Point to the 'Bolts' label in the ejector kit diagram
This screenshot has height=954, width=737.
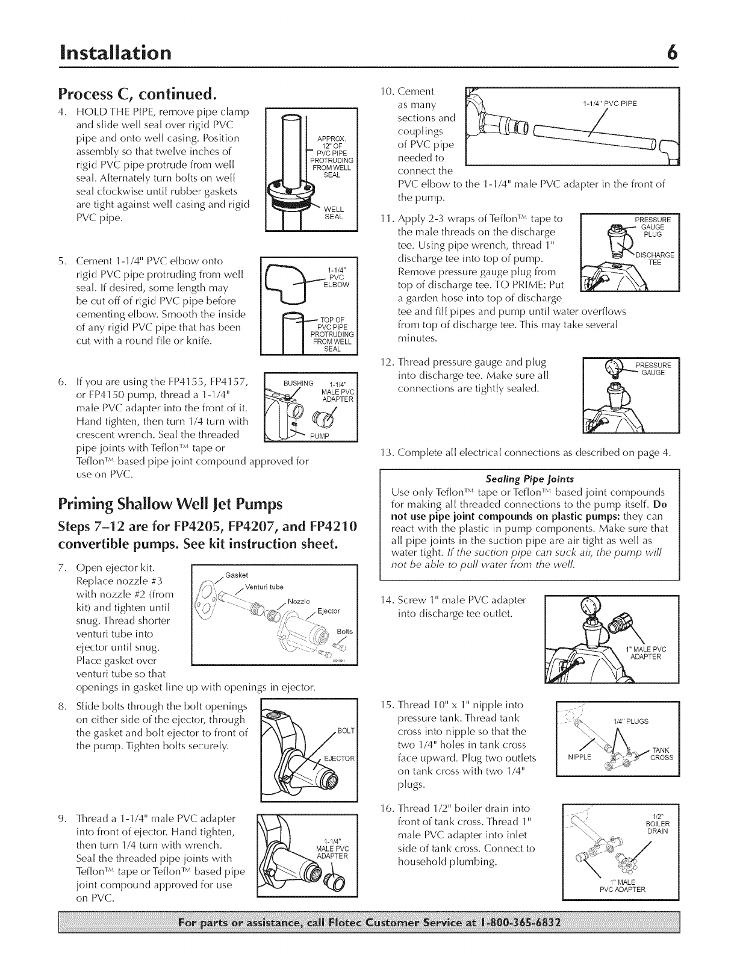click(x=345, y=631)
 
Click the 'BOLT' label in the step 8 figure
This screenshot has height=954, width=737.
click(x=346, y=731)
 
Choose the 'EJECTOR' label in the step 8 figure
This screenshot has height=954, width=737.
click(x=340, y=758)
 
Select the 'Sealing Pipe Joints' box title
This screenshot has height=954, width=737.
click(x=529, y=479)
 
